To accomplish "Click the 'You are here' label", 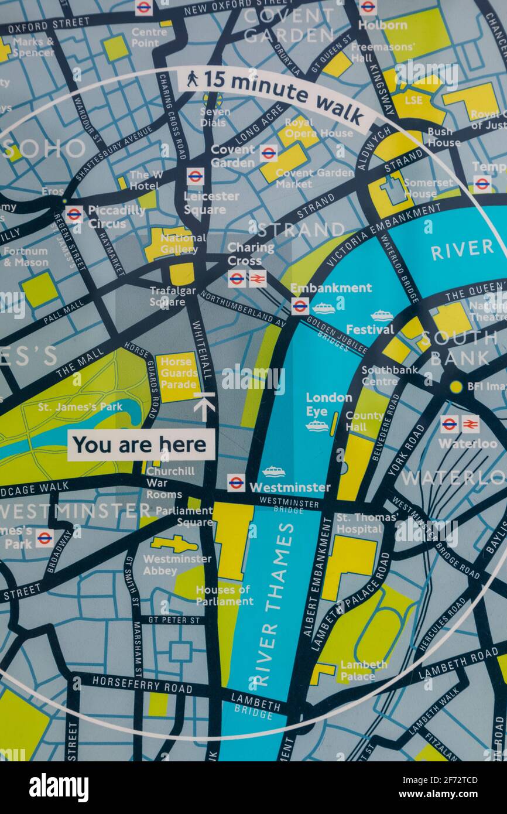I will tap(141, 445).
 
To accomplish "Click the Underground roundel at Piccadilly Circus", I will tap(74, 214).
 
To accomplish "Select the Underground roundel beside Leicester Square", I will tap(195, 176).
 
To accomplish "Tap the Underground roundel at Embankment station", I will tap(300, 306).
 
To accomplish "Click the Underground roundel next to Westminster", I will tap(236, 483).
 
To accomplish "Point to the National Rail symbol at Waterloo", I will tap(470, 424).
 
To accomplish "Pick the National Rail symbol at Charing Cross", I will tap(257, 278).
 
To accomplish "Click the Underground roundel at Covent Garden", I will tap(268, 153).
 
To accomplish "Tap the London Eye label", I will tap(328, 404).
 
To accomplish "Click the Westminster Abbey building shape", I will tap(174, 544).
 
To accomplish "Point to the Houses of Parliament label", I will tap(224, 595).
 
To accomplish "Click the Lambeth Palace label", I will tap(364, 670).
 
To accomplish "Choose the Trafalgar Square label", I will tap(167, 296).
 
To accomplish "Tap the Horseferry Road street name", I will tap(142, 685).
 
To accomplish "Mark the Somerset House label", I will tap(420, 188).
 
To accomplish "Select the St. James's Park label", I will tap(80, 406).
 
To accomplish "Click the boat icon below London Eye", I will tap(317, 426).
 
